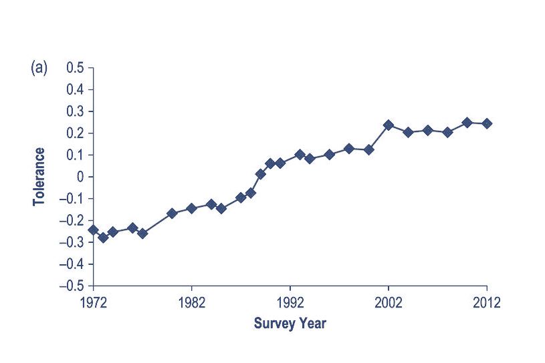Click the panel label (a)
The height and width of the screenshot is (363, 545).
39,68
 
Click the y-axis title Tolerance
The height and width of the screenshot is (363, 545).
40,176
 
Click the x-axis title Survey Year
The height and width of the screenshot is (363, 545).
290,324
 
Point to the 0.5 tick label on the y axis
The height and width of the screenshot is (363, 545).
76,68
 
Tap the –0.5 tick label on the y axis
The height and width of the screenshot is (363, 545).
73,286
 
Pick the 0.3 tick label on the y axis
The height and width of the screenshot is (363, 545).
76,111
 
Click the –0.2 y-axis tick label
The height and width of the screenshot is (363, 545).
73,221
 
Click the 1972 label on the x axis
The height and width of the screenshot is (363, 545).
94,301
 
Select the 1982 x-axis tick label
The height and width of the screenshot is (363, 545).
191,301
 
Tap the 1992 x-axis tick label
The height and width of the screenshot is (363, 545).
290,301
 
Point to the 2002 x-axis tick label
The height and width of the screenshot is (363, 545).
388,301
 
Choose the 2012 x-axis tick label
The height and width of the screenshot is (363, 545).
486,301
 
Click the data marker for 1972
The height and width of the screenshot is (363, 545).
93,230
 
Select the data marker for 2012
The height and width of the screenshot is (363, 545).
486,123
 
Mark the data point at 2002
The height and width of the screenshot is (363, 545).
388,125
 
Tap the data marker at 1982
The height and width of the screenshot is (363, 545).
191,208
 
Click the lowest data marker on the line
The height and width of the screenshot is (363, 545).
103,238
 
